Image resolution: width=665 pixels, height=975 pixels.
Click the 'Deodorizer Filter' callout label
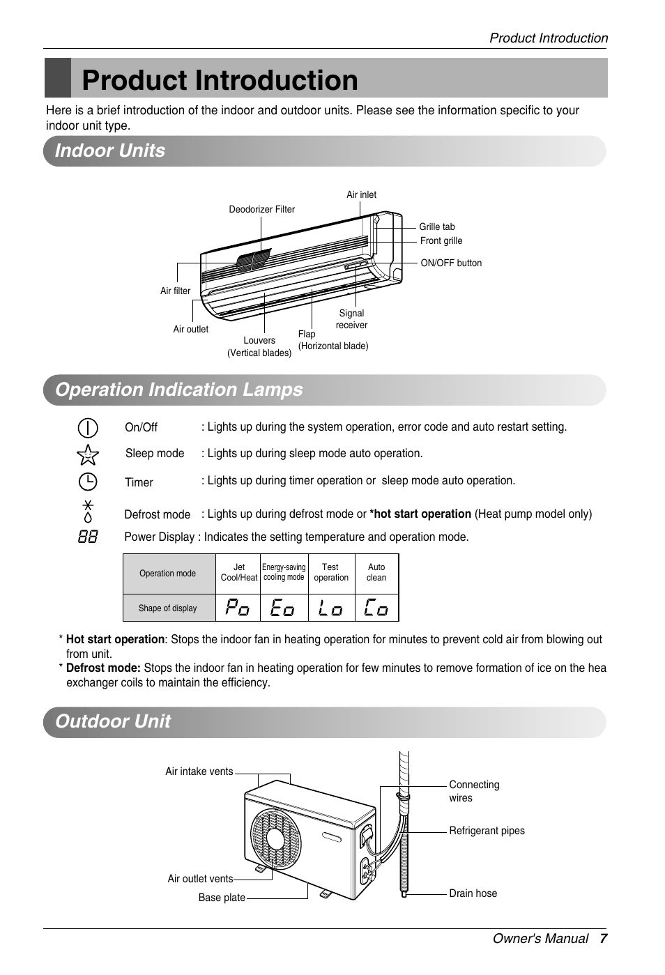click(x=261, y=209)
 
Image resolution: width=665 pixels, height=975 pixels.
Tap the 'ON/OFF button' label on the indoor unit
click(x=451, y=263)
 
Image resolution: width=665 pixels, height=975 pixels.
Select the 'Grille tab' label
click(x=436, y=227)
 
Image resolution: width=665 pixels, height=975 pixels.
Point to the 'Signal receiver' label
click(x=351, y=319)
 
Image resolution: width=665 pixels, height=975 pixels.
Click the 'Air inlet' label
click(x=361, y=194)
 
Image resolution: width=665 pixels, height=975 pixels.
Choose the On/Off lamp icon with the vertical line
click(x=88, y=427)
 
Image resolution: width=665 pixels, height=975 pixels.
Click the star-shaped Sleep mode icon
click(x=88, y=455)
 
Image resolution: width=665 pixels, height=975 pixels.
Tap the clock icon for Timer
click(x=88, y=482)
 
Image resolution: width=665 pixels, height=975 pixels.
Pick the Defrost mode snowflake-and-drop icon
click(x=88, y=512)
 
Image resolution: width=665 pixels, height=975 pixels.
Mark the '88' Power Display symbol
click(x=88, y=537)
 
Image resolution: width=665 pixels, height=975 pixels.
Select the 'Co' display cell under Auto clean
click(x=376, y=608)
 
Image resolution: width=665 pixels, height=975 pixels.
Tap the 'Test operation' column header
click(x=331, y=572)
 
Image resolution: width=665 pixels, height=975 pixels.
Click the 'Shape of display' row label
click(x=167, y=608)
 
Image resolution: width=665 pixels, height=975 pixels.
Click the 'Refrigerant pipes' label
click(x=487, y=831)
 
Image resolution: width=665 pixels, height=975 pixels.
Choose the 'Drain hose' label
click(x=473, y=893)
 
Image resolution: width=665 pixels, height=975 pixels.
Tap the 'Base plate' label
click(x=222, y=898)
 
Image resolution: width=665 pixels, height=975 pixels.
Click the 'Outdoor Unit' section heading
click(x=113, y=721)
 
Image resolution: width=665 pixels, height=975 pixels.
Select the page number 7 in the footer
click(x=604, y=939)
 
